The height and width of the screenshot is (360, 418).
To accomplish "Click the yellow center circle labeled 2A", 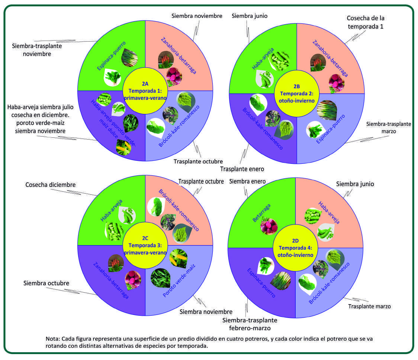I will (x=145, y=90).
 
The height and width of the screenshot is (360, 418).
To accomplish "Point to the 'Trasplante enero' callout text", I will (x=242, y=169).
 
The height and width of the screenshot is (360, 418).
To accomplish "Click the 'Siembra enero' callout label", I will (x=247, y=181).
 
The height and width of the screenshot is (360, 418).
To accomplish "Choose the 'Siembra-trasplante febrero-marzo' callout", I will (x=250, y=324).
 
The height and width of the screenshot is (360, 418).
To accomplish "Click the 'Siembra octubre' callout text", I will (x=46, y=283).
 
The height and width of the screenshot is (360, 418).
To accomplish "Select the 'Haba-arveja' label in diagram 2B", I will (x=258, y=58).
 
